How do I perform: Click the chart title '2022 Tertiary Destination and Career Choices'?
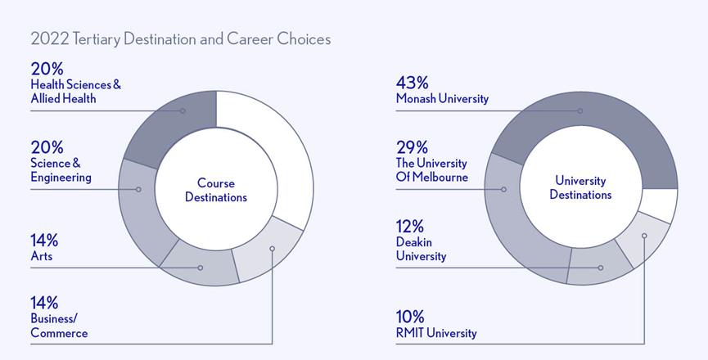click(180, 39)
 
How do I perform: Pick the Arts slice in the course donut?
click(198, 267)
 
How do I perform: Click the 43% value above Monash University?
click(412, 83)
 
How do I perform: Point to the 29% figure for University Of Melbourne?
click(411, 147)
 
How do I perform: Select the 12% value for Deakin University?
click(410, 227)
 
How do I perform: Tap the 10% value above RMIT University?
click(410, 317)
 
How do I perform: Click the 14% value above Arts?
click(44, 241)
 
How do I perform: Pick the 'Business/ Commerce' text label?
click(59, 326)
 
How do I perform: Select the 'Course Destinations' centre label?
click(216, 190)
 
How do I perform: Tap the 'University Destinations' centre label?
click(580, 187)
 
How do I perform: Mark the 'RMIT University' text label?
click(436, 333)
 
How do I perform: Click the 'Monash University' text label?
click(442, 99)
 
